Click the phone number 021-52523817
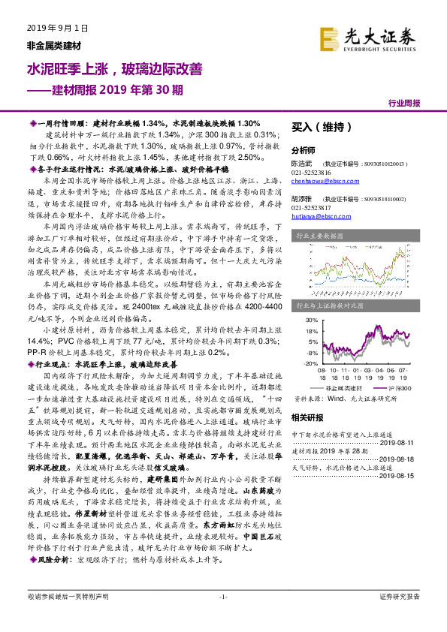coord(310,207)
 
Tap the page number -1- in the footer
coord(222,617)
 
